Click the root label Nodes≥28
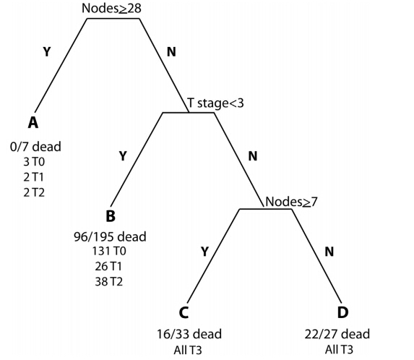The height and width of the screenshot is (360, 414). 111,8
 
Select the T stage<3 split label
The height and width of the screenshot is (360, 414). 215,103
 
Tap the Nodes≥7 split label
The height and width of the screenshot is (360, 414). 291,202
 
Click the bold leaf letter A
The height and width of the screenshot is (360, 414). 33,123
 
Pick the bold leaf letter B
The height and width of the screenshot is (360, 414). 111,216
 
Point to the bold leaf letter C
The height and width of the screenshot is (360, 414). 184,313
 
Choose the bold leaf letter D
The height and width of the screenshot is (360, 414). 342,312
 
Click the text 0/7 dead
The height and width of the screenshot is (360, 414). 35,147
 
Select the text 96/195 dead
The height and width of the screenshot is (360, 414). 110,236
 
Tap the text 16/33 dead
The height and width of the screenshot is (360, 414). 189,334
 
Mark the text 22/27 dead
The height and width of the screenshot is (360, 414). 337,334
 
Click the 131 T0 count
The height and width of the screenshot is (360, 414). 109,251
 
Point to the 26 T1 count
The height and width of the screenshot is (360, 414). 108,266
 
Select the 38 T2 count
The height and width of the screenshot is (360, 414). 109,282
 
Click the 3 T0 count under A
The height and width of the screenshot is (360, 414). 34,162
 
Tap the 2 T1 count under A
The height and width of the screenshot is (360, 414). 33,177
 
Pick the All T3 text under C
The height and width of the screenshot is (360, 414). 188,350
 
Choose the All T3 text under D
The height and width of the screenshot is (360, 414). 339,350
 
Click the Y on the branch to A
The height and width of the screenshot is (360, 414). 46,52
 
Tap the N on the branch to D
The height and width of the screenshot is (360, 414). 329,252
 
